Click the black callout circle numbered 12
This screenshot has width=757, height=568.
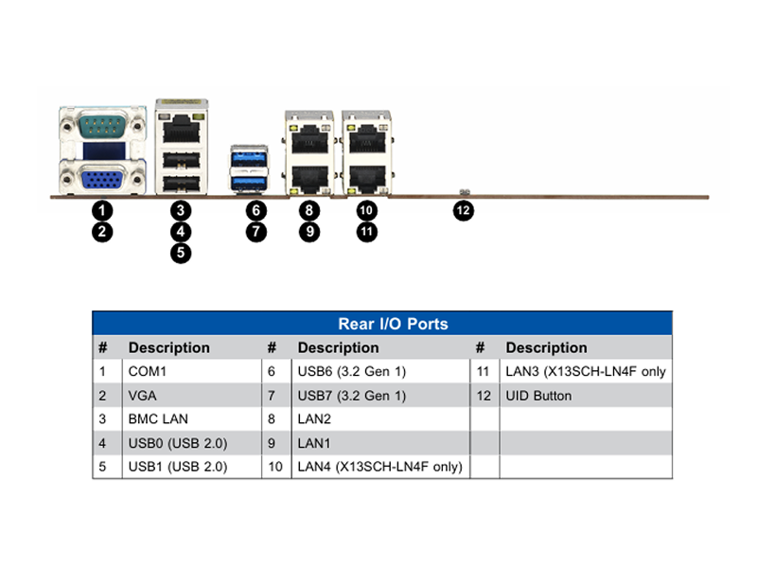(463, 210)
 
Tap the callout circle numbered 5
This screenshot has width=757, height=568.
(181, 253)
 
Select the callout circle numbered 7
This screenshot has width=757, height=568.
(255, 232)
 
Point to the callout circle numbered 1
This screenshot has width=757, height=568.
(102, 210)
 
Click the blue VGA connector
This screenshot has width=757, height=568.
(102, 180)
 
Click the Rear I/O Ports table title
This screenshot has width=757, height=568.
(393, 324)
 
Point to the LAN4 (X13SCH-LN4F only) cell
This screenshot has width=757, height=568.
(380, 467)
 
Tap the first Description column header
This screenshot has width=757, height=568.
(169, 347)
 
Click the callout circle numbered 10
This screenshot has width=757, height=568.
(366, 210)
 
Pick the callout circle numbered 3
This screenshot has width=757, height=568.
(181, 210)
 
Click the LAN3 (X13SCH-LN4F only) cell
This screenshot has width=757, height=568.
(586, 371)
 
